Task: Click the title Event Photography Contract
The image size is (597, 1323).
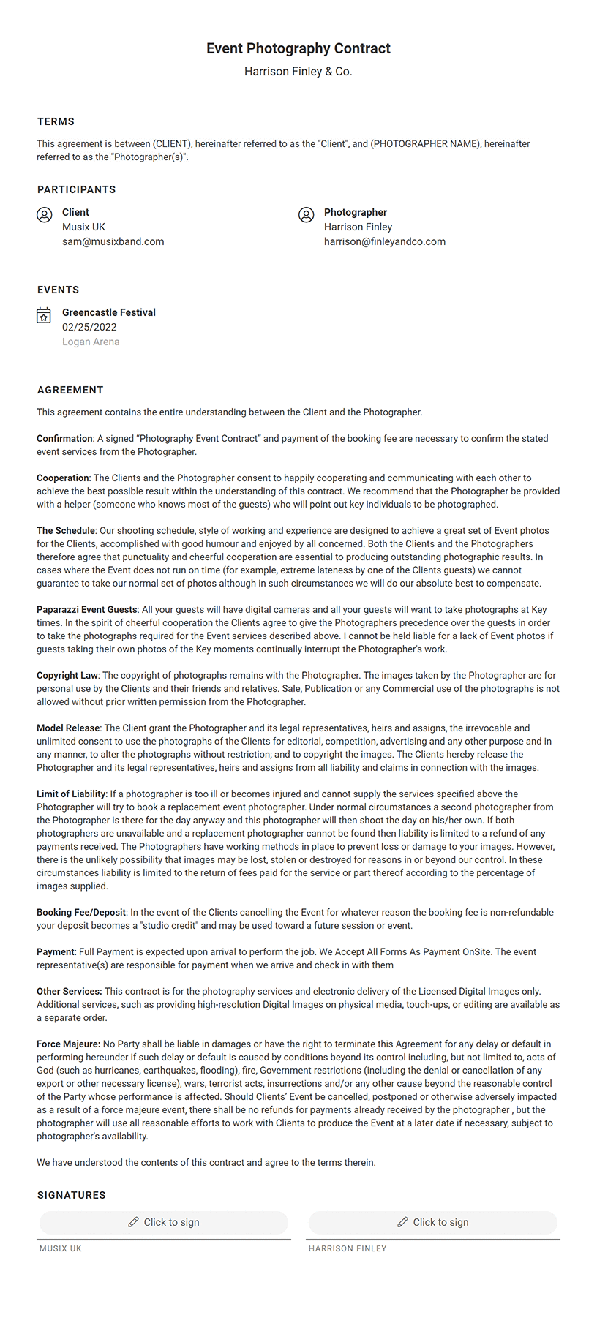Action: click(298, 48)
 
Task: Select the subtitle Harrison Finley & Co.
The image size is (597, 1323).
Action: click(298, 72)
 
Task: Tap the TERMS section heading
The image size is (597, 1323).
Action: click(56, 121)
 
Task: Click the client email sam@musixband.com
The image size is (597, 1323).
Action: click(113, 241)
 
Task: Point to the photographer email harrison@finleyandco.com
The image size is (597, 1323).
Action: click(384, 241)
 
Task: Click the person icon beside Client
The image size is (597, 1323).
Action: click(45, 214)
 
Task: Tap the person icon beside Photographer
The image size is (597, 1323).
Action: click(307, 214)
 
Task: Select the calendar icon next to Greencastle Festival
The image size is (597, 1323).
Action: click(44, 315)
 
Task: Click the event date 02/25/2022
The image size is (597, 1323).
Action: click(89, 327)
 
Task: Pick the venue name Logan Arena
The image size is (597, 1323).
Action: click(91, 342)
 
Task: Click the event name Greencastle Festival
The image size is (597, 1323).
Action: click(109, 312)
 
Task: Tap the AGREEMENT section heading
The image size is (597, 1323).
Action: click(70, 390)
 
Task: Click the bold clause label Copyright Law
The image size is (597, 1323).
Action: click(67, 675)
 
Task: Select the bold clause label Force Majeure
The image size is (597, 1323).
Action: click(68, 1044)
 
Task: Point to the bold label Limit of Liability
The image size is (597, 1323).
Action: click(71, 794)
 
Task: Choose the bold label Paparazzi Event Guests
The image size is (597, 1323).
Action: click(87, 609)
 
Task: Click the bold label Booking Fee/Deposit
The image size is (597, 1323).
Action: click(81, 912)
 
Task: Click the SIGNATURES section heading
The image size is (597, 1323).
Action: click(72, 1195)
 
